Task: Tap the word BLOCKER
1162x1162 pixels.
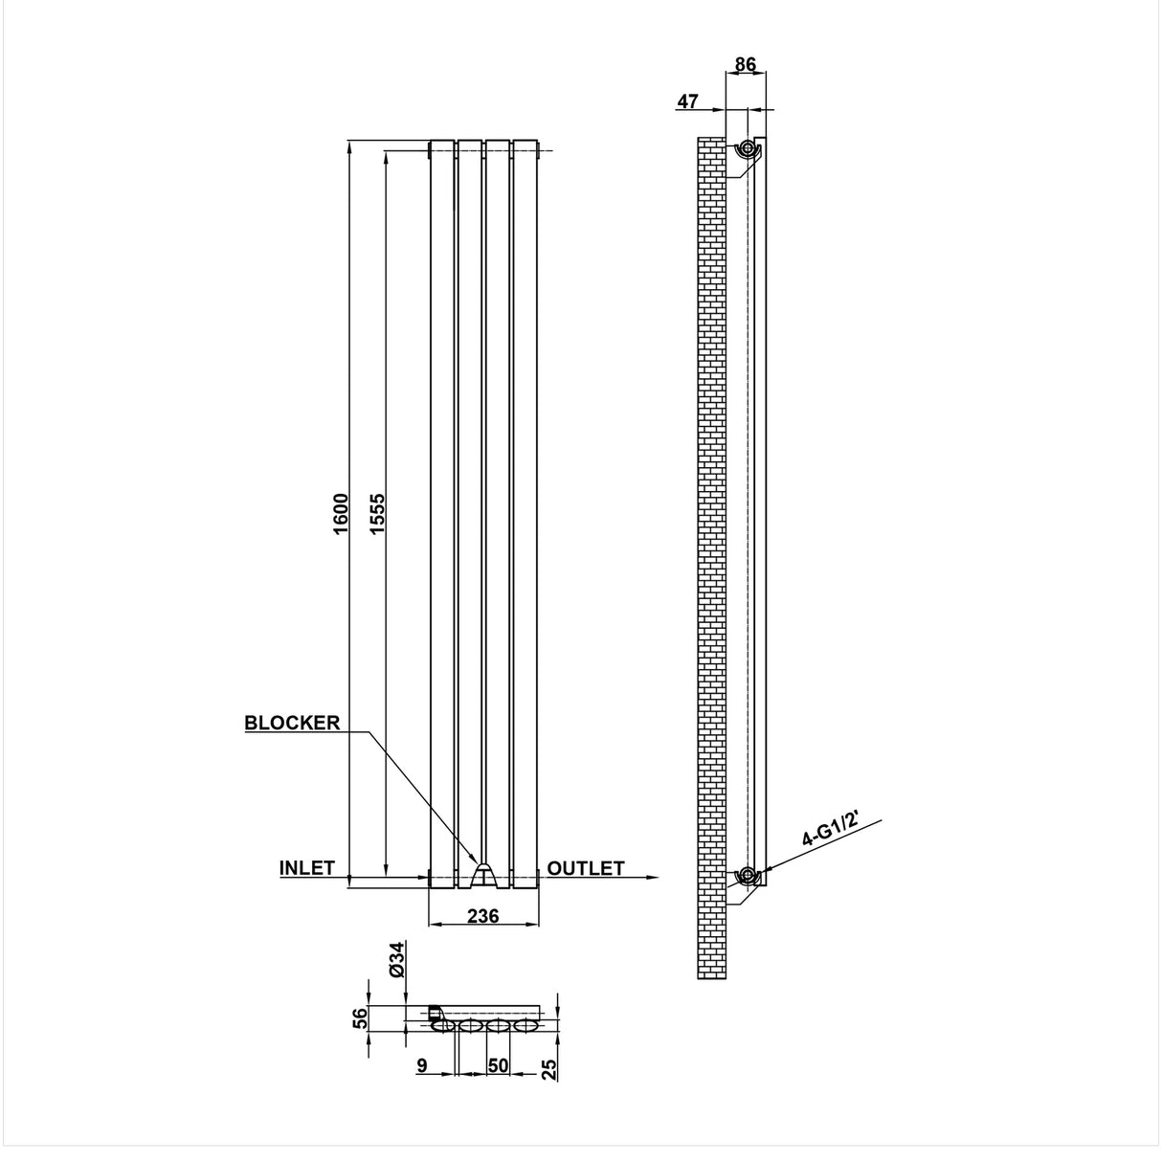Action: coord(292,723)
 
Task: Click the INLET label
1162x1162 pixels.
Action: coord(306,868)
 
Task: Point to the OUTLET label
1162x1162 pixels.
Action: coord(586,868)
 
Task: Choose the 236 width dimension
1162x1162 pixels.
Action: coord(482,916)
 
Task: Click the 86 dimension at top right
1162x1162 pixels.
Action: coord(745,65)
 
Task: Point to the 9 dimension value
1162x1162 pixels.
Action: coord(421,1065)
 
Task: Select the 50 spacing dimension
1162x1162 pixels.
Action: coord(497,1065)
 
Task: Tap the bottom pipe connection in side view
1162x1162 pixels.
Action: coord(746,875)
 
